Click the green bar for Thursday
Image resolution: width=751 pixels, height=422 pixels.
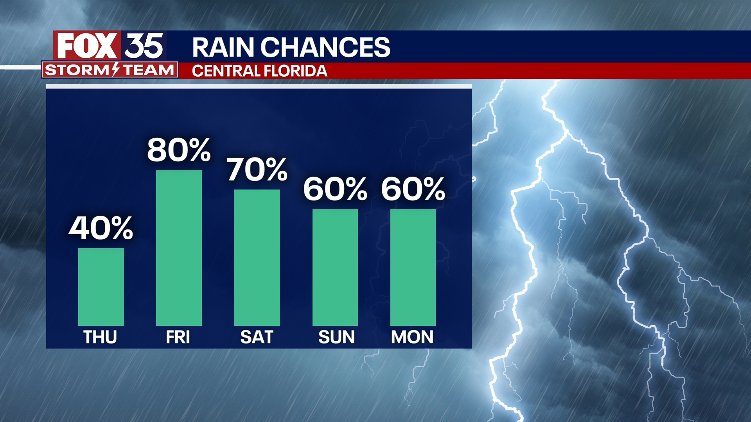click(101, 287)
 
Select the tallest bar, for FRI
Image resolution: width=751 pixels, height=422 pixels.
click(179, 248)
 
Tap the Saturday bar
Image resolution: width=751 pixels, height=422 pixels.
click(257, 257)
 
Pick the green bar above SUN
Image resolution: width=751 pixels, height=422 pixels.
click(335, 267)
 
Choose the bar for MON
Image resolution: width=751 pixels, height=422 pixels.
click(413, 267)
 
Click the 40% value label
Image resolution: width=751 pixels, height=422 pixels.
click(101, 228)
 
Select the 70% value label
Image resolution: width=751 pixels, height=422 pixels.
click(257, 170)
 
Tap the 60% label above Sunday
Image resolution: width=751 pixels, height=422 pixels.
click(335, 189)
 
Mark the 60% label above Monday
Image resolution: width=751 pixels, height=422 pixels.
click(413, 189)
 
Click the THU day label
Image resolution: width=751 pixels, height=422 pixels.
click(100, 337)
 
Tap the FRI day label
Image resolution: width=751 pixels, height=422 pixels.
click(178, 337)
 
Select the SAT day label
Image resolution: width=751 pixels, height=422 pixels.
click(257, 337)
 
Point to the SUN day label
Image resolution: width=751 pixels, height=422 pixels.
click(336, 337)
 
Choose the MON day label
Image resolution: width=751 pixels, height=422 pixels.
click(412, 337)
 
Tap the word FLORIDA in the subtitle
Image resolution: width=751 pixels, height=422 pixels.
click(295, 71)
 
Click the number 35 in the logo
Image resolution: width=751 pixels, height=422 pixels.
click(144, 46)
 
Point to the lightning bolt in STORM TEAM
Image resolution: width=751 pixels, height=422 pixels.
click(115, 70)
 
